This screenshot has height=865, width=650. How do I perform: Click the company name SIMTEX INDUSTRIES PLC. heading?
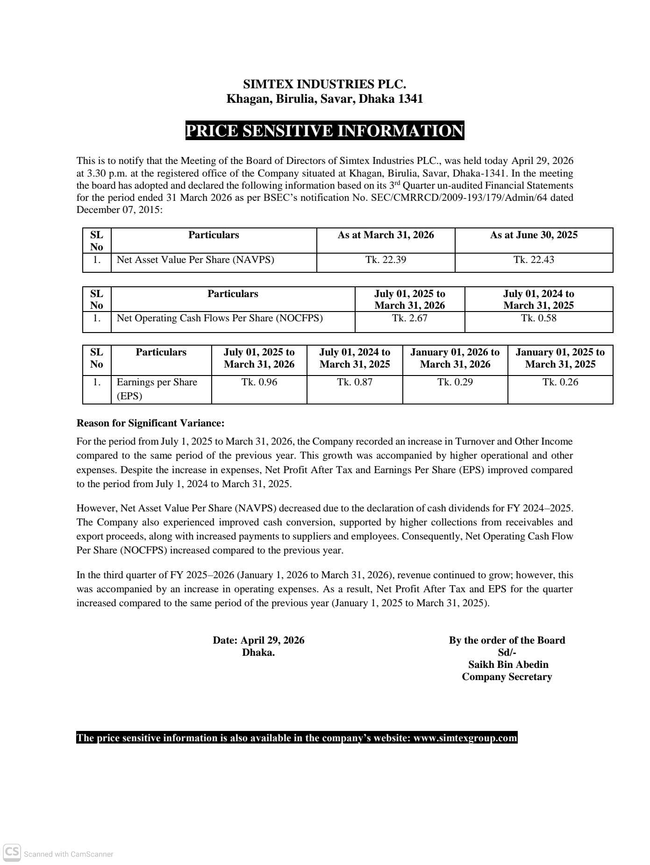[x=324, y=85]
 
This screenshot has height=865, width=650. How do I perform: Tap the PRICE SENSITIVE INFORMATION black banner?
[x=324, y=131]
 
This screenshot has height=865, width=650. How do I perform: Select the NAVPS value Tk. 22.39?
[x=386, y=260]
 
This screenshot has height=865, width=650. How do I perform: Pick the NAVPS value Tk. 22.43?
[x=534, y=260]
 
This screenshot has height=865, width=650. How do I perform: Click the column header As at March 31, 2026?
[x=386, y=235]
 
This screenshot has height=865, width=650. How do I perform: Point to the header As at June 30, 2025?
[x=534, y=235]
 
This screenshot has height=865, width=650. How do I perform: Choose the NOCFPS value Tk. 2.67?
[x=410, y=319]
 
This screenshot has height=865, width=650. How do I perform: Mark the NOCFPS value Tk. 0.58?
[x=539, y=319]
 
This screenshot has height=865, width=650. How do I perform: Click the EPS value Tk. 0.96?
[x=259, y=382]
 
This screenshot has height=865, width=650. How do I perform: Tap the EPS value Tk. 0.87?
[x=355, y=382]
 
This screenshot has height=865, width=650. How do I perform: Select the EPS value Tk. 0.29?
[x=455, y=382]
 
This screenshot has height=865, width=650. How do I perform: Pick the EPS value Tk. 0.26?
[x=560, y=382]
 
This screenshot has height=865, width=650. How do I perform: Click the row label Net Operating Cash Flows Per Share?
[x=220, y=319]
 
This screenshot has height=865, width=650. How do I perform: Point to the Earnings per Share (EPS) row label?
[x=157, y=389]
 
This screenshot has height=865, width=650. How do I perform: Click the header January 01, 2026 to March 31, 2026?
[x=455, y=358]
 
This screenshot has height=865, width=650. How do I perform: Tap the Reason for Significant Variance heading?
[x=150, y=424]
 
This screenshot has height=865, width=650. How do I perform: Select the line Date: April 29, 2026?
[x=258, y=640]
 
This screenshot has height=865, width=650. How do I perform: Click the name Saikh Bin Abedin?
[x=508, y=665]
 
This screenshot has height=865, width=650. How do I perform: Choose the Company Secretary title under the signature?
[x=507, y=677]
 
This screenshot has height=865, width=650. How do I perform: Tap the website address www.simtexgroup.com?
[x=465, y=738]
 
